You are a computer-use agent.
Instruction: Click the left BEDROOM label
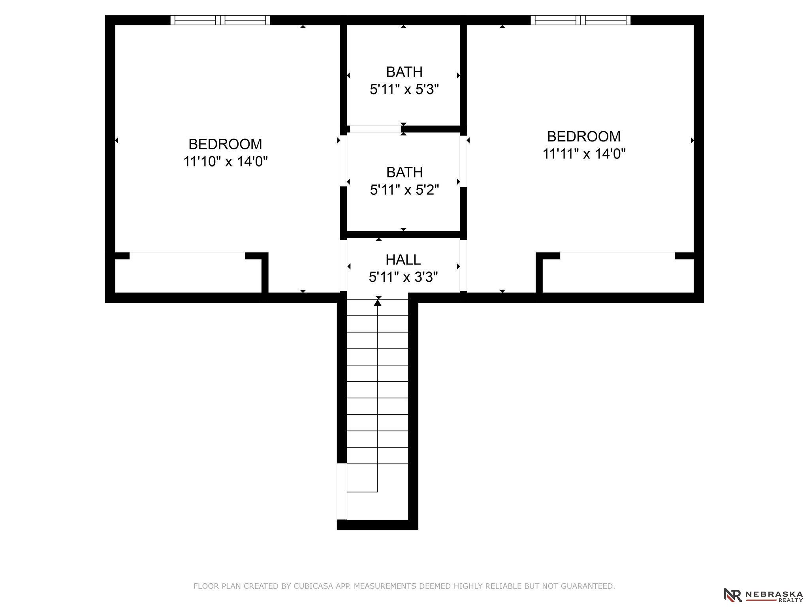click(x=225, y=144)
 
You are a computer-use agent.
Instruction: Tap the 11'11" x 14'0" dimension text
click(x=584, y=154)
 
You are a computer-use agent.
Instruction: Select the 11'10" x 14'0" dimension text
click(x=226, y=162)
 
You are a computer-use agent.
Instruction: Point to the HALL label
click(x=403, y=260)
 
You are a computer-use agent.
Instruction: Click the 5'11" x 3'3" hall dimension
click(x=403, y=277)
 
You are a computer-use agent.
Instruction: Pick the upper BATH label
click(x=404, y=72)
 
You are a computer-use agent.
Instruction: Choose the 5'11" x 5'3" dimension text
click(x=404, y=90)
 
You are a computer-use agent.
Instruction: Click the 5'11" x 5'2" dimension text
click(x=404, y=190)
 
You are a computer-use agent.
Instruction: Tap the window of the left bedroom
click(x=220, y=20)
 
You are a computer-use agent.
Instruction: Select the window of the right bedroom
click(x=580, y=20)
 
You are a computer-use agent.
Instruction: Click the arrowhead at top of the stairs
click(x=378, y=303)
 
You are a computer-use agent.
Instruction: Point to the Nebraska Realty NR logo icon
click(x=732, y=595)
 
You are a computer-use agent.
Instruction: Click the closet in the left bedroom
click(x=188, y=273)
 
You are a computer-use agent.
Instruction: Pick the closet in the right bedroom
click(x=618, y=273)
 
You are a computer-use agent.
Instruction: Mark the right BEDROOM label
click(x=584, y=136)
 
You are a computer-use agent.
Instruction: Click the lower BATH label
click(x=404, y=172)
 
